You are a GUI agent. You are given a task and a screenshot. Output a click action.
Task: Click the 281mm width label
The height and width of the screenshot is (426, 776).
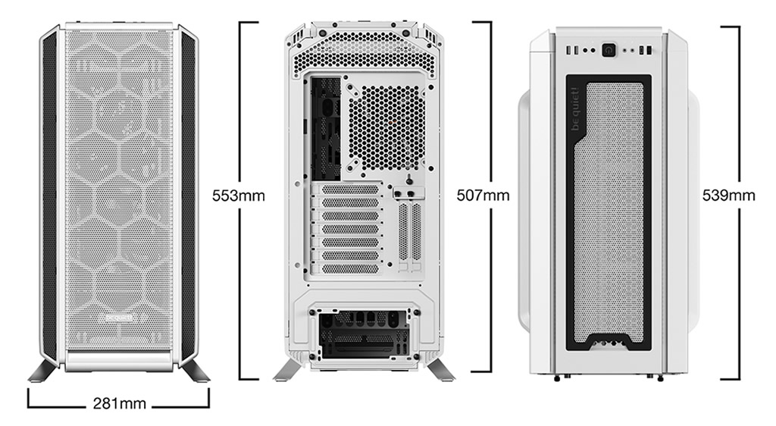pos(119,403)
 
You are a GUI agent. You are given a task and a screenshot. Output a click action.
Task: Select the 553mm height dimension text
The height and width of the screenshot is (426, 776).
pos(238,196)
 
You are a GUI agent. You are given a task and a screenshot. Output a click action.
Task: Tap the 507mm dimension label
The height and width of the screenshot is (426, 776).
pos(483,196)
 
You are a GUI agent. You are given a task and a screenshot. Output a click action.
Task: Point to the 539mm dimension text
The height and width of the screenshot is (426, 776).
pos(728,196)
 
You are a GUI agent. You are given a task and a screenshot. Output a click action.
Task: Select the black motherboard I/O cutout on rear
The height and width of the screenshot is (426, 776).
pos(324,130)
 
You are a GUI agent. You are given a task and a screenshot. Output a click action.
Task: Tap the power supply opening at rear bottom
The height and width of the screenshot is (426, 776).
pos(364,334)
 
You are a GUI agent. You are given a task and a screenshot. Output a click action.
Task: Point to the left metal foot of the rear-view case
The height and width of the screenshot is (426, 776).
pos(286,371)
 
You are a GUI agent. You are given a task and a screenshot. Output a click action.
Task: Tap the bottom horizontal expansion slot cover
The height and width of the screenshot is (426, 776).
pos(349,268)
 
